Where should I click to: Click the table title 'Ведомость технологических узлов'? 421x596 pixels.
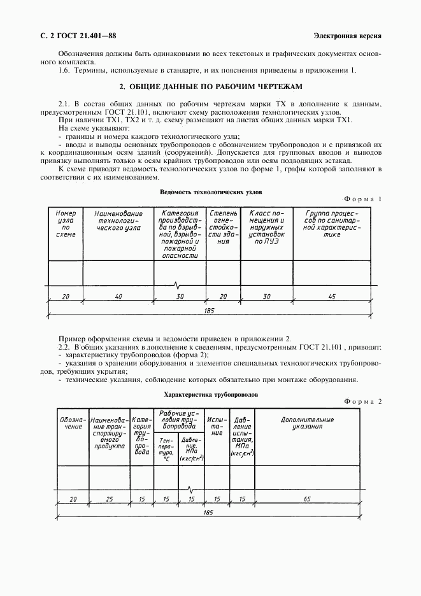pos(210,192)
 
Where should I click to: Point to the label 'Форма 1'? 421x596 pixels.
pos(363,199)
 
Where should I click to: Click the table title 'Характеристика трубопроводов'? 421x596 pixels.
pos(211,394)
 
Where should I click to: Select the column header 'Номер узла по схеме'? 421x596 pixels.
pos(66,223)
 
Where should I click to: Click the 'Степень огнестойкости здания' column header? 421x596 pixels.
pos(223,227)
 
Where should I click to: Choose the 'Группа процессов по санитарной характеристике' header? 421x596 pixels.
pos(332,223)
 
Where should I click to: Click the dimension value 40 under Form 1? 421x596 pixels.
pos(118,297)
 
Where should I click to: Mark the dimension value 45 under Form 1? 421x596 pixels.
pos(332,297)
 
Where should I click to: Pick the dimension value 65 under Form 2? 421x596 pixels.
pos(307,499)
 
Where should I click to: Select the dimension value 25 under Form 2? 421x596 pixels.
pos(109,499)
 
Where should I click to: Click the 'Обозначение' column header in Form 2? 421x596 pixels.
pos(72,423)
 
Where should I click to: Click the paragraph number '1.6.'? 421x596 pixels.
pos(64,69)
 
